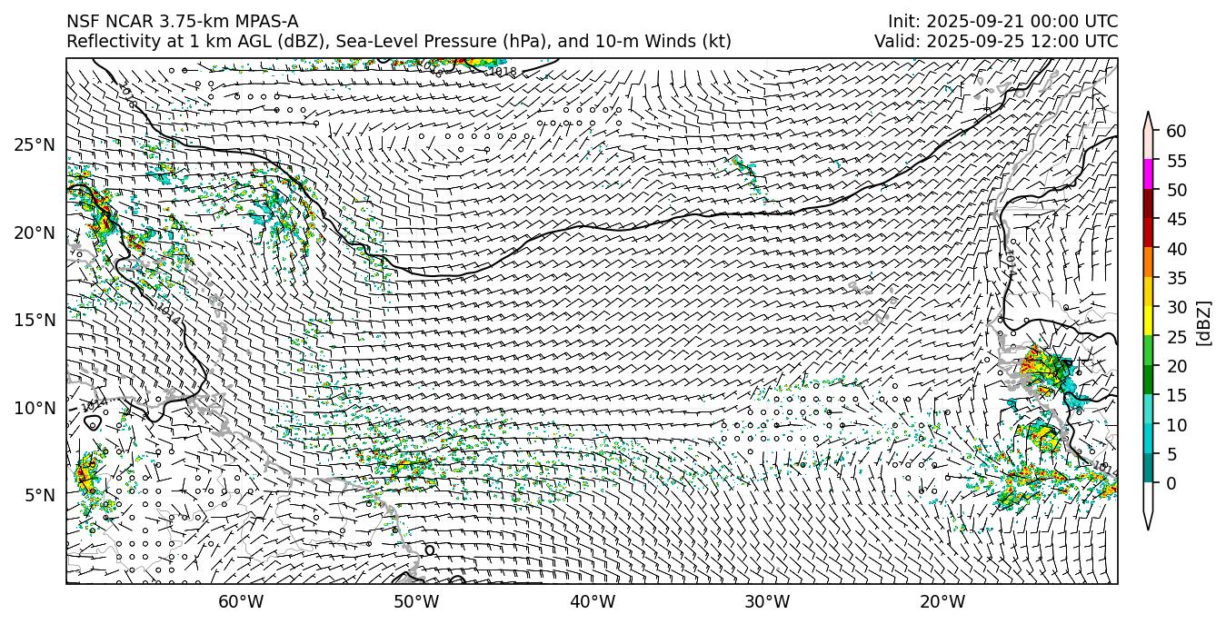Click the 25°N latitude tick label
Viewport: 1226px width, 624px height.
point(34,145)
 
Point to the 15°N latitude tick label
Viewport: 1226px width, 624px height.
point(34,320)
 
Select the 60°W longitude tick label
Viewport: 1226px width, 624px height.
point(241,601)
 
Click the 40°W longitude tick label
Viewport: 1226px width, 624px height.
point(593,601)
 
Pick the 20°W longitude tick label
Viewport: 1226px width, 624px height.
point(942,601)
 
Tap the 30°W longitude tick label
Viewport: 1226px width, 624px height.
point(767,601)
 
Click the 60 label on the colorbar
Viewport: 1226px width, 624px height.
point(1176,132)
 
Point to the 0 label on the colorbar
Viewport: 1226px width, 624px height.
point(1171,483)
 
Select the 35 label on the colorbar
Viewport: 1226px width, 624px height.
point(1176,278)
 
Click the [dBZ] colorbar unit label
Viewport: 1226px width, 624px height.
point(1204,322)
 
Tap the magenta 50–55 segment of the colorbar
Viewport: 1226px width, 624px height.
point(1149,175)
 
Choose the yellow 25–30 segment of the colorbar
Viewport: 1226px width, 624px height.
point(1149,322)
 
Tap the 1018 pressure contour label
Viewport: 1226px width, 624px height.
point(502,72)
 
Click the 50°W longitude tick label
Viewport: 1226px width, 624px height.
point(416,601)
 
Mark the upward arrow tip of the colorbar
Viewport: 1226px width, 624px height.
point(1149,114)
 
